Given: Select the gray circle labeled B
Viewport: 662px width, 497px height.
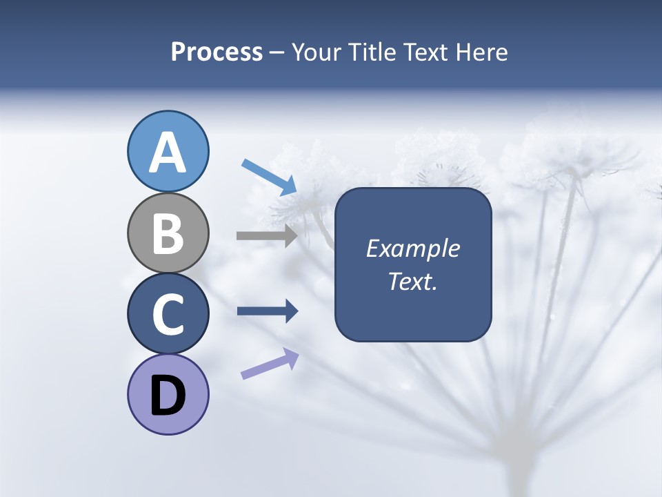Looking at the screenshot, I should (168, 233).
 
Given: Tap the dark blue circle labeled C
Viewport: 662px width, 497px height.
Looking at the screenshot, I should (168, 313).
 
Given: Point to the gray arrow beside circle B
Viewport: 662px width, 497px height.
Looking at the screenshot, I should (267, 235).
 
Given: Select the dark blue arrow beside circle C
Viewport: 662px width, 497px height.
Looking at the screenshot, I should (268, 311).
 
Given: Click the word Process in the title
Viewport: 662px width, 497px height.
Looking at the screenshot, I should (217, 52).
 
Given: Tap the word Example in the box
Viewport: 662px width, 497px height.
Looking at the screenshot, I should (412, 248).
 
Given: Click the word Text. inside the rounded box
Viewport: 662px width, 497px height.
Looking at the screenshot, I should (412, 282).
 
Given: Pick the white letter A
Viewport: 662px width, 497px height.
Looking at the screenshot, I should (168, 153).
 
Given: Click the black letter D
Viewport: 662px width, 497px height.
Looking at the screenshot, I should (168, 397).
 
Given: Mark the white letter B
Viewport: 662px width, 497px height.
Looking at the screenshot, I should (168, 234).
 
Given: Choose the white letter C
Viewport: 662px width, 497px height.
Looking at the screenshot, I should (168, 315).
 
